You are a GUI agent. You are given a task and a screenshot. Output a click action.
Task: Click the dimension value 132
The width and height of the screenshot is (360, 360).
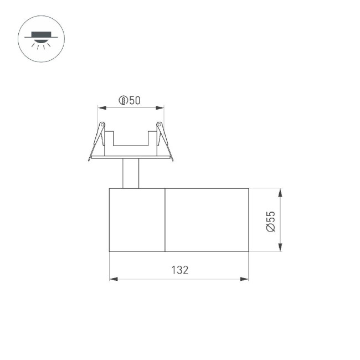(179, 270)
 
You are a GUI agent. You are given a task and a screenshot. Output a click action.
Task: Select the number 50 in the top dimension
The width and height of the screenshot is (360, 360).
(135, 100)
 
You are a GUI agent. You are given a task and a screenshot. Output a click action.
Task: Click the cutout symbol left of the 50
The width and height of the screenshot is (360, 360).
(124, 100)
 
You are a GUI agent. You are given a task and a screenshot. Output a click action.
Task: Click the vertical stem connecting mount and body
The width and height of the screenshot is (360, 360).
(131, 173)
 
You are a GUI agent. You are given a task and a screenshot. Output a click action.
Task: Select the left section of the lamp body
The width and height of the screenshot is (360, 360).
(137, 220)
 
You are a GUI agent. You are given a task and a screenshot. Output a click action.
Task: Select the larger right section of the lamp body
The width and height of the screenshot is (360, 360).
(207, 220)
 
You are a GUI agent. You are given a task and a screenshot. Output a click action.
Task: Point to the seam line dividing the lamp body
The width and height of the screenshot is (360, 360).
(165, 220)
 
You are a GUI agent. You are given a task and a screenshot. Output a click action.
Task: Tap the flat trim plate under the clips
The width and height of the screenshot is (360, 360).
(131, 157)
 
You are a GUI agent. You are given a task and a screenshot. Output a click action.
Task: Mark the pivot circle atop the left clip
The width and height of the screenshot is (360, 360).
(102, 124)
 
